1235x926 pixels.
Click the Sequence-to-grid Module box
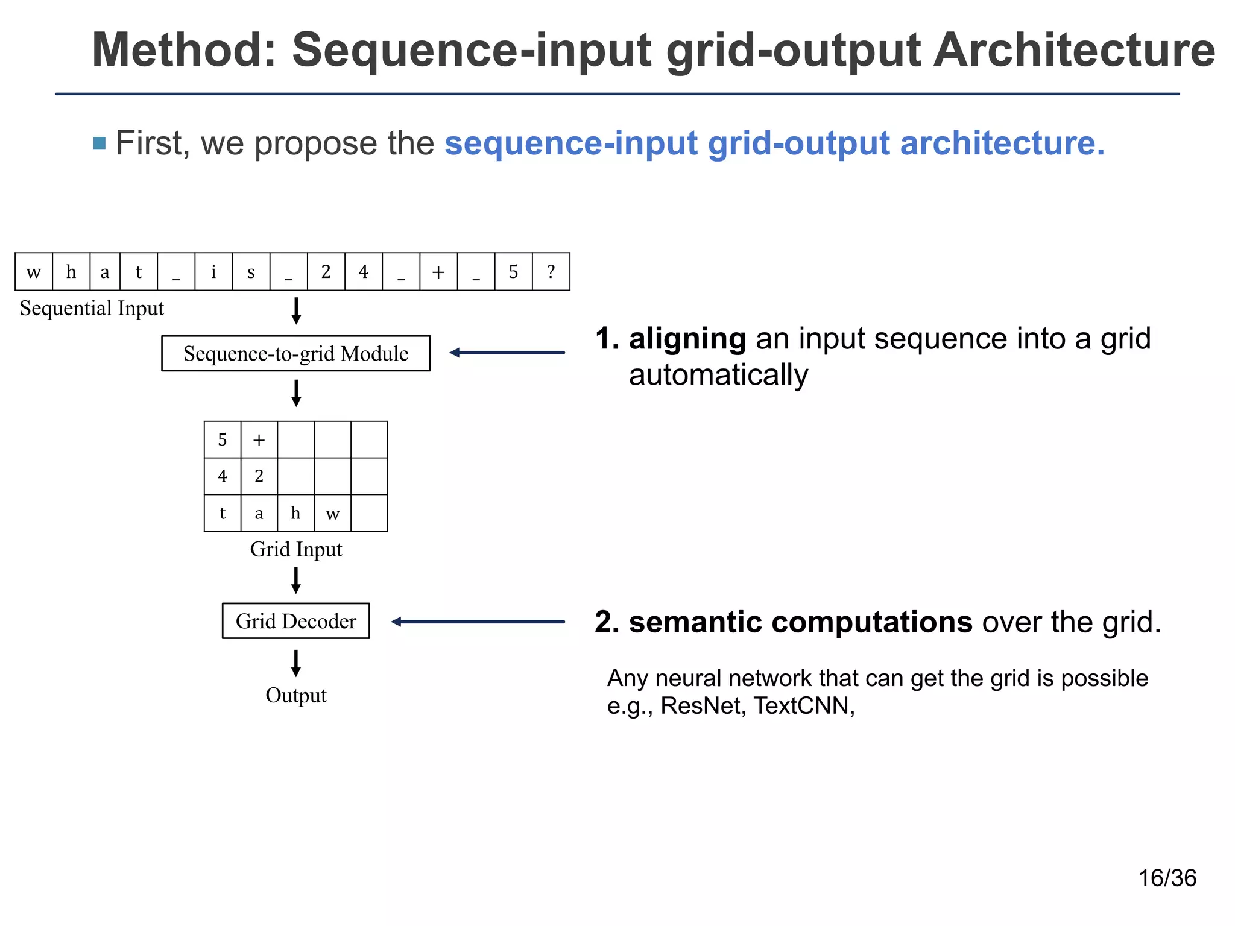pos(295,353)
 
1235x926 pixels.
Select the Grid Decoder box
pos(295,621)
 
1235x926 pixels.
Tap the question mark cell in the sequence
pos(551,272)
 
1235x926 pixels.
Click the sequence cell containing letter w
pos(34,272)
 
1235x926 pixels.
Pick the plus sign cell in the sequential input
pos(438,272)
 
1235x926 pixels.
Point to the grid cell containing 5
pos(223,439)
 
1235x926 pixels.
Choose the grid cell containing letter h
pos(295,513)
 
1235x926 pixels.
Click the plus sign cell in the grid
pos(259,439)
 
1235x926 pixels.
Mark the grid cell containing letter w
pos(332,513)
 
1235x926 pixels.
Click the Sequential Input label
pos(92,309)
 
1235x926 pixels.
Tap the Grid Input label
pos(295,549)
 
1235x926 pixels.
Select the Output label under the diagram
pos(295,695)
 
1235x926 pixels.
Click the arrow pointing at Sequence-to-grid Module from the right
pos(507,353)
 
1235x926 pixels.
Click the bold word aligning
pos(687,338)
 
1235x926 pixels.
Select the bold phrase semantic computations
pos(800,622)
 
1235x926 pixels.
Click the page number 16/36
pos(1167,878)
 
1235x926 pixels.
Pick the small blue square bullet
pos(99,143)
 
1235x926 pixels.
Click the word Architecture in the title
pos(1074,50)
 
